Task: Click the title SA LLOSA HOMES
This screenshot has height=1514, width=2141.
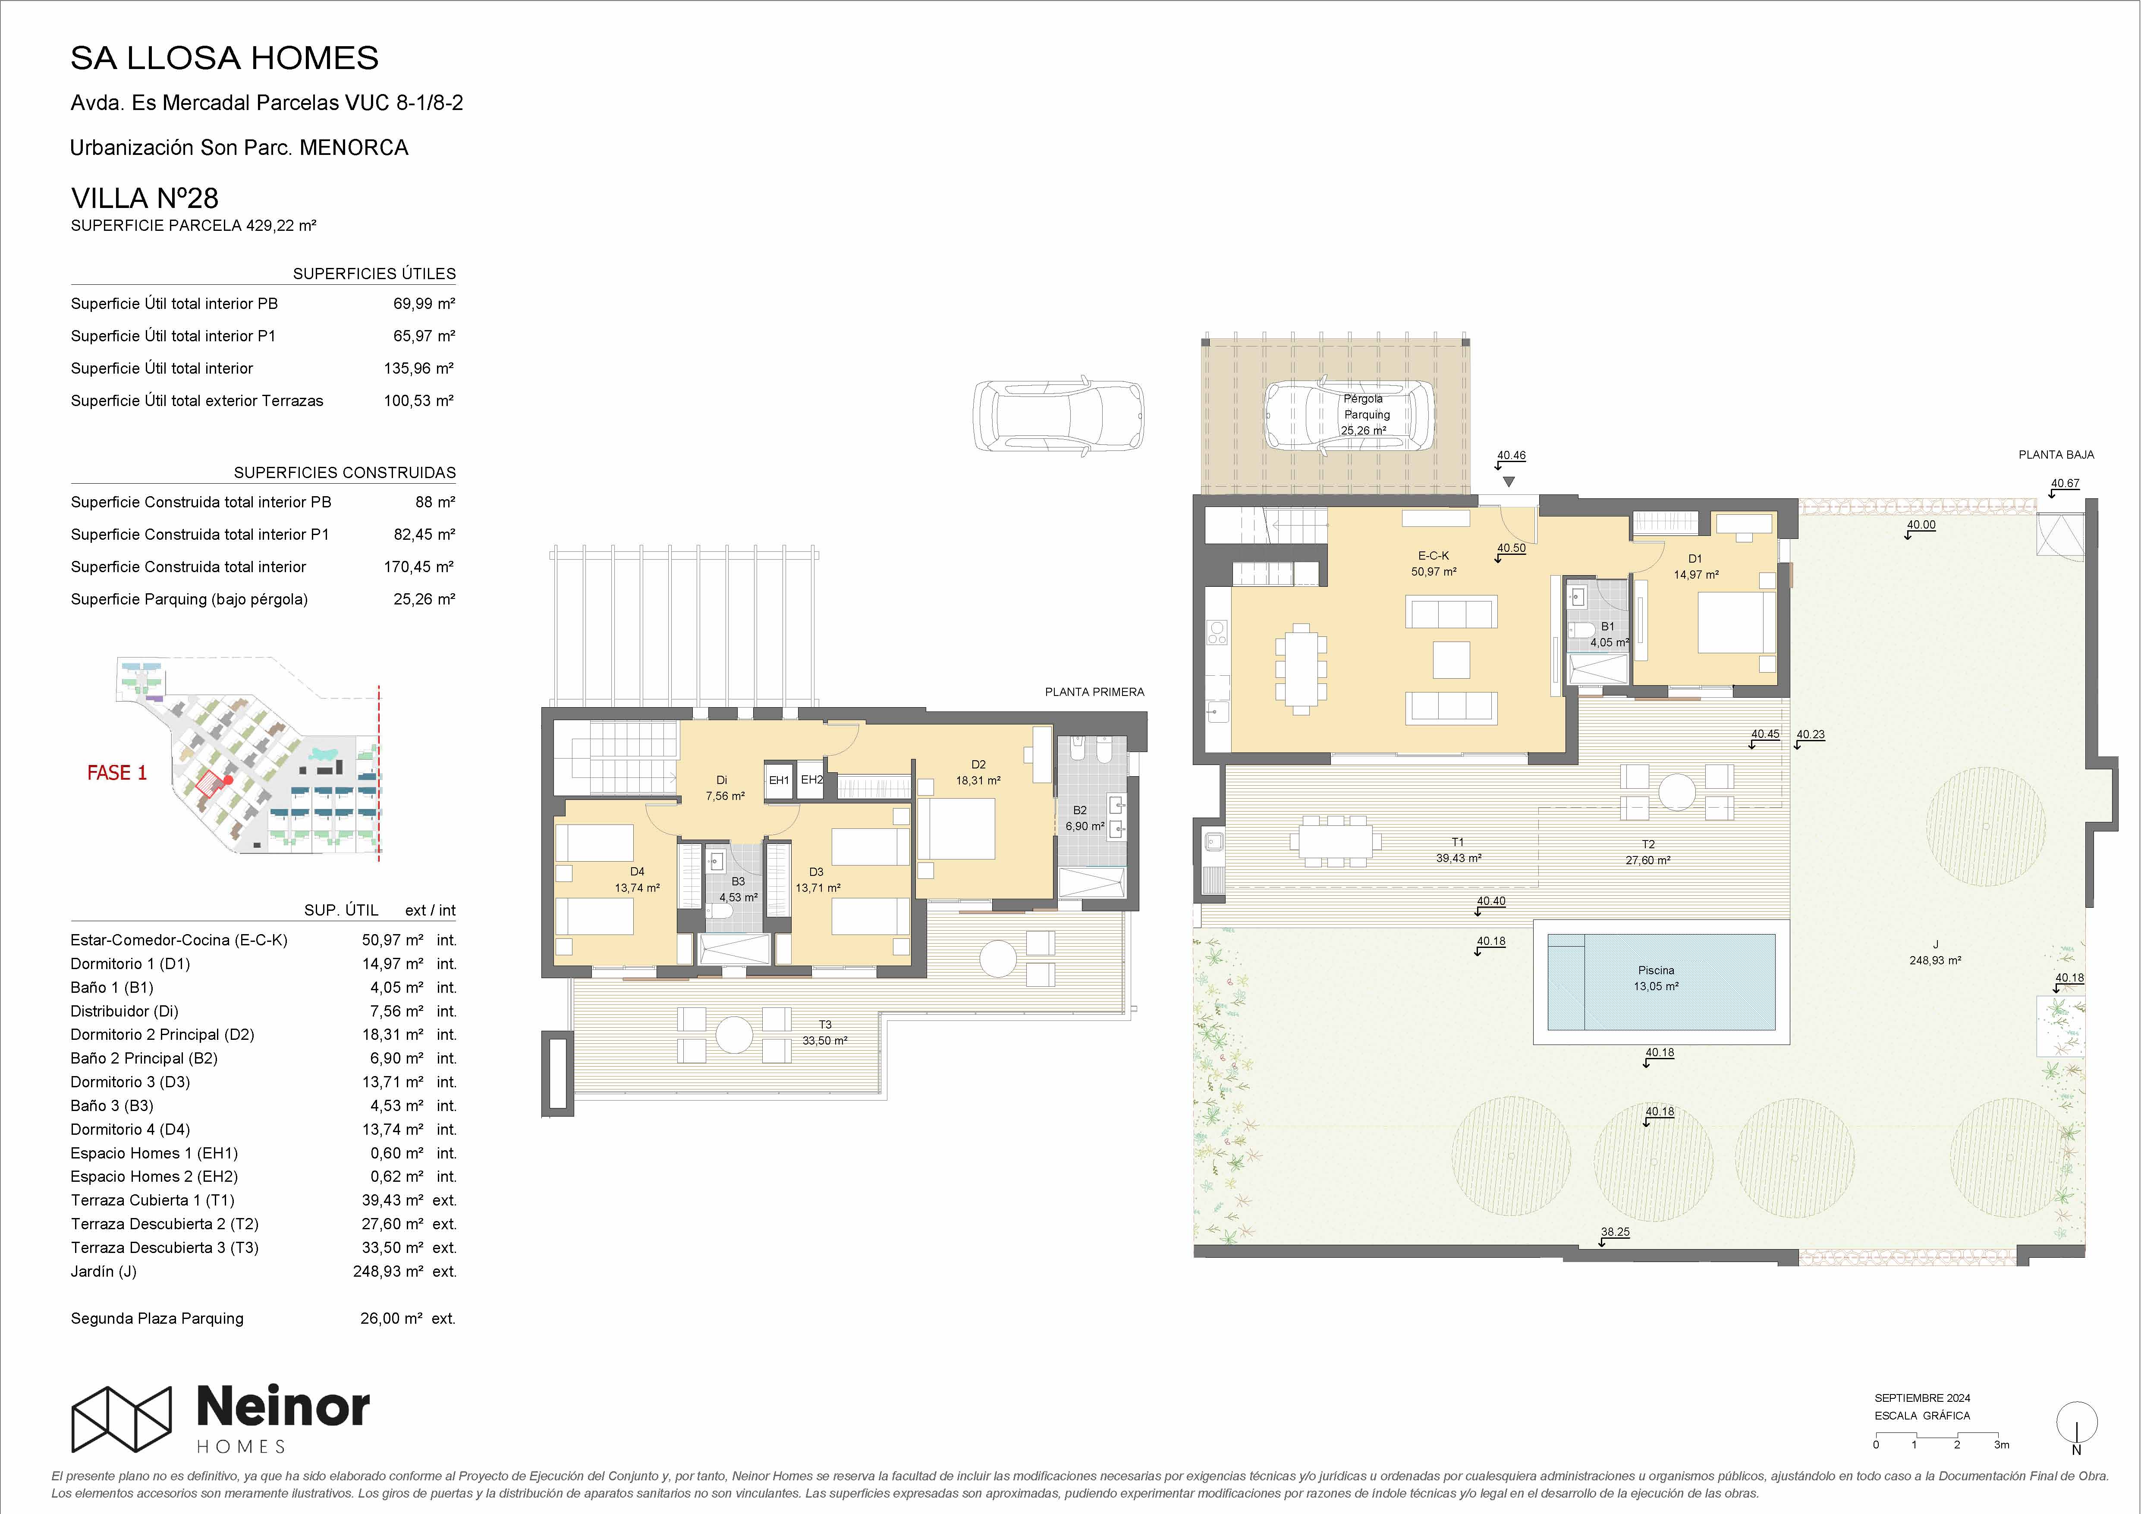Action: [225, 58]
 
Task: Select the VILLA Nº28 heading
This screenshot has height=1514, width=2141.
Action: [145, 198]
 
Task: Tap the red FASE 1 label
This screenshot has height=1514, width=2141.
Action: [116, 772]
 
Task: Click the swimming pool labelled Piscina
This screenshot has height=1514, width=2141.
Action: [1661, 981]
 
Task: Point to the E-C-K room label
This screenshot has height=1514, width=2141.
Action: [1433, 555]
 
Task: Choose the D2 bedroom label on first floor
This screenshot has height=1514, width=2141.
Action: [978, 764]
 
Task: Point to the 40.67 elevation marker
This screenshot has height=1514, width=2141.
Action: [2065, 483]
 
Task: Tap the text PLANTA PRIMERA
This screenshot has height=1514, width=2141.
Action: [1094, 692]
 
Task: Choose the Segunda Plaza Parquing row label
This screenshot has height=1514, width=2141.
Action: [157, 1318]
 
